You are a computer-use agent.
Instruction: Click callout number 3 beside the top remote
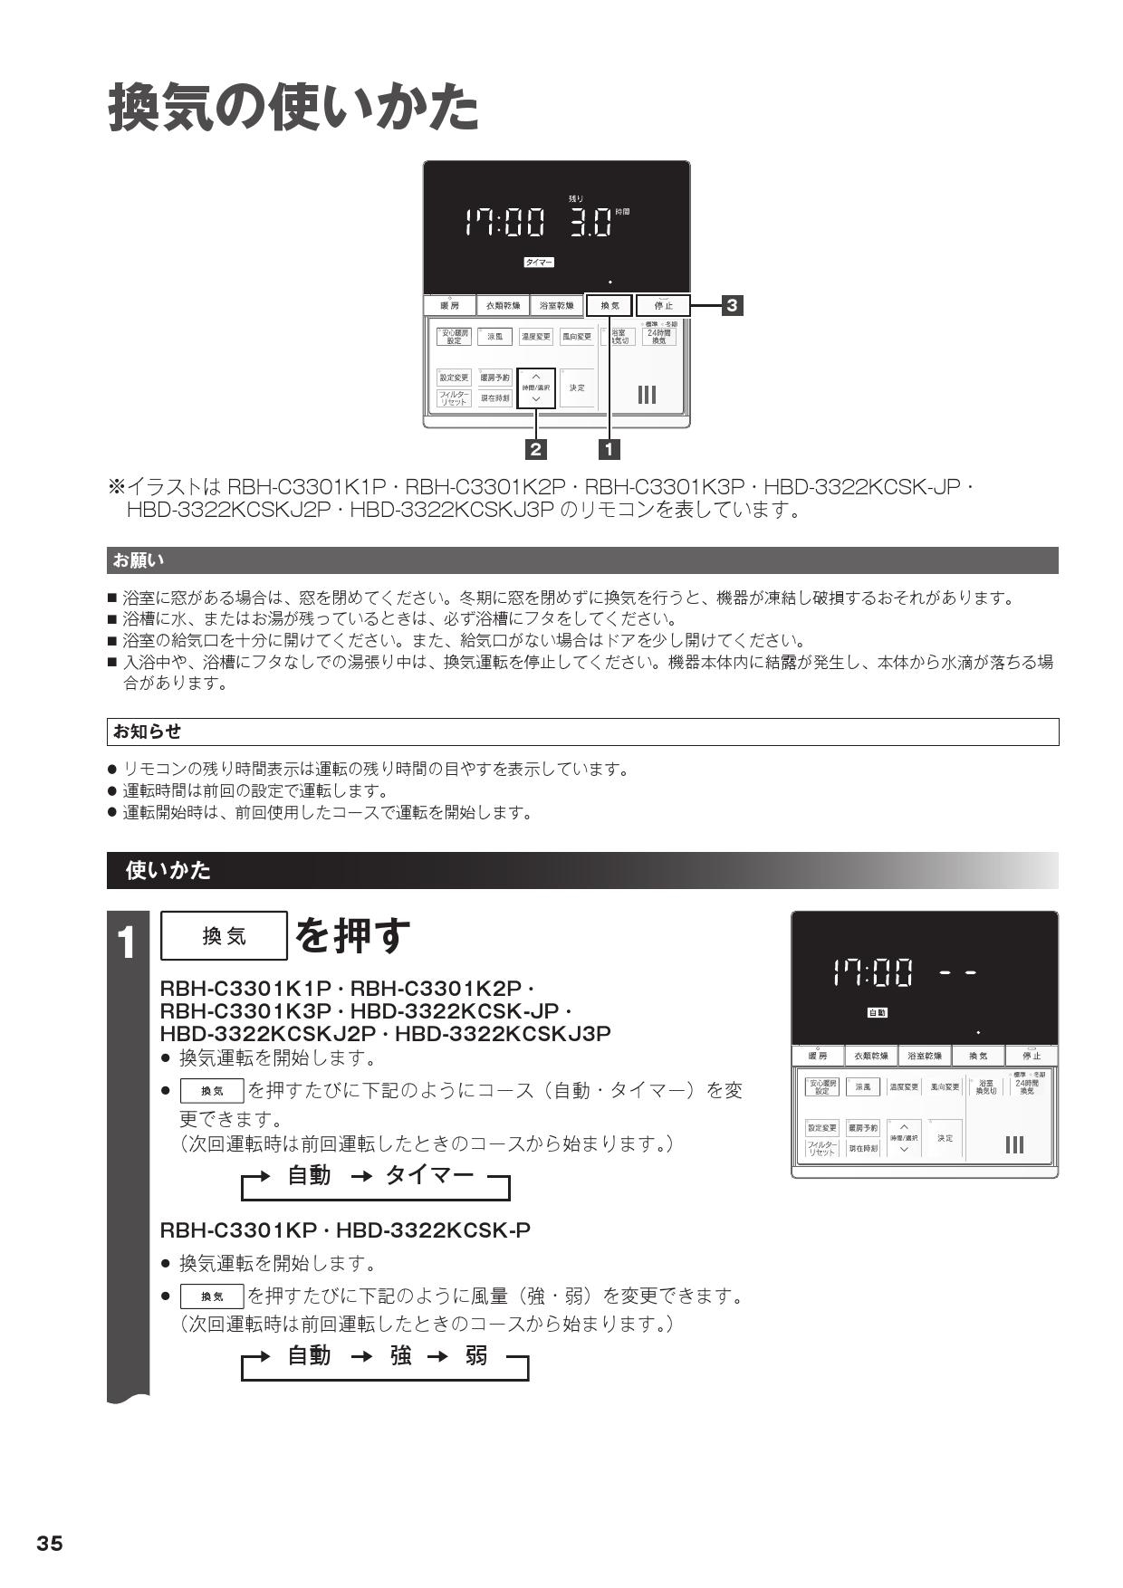click(x=732, y=305)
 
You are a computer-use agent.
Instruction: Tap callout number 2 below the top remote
click(x=536, y=448)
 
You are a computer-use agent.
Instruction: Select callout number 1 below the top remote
click(x=609, y=448)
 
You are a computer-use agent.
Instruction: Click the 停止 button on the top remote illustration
click(x=663, y=306)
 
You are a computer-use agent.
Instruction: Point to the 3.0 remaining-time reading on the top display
click(x=590, y=222)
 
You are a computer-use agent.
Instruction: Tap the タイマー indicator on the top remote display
click(x=539, y=263)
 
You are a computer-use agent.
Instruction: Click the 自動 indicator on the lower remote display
click(x=877, y=1012)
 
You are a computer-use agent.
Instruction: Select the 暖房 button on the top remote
click(x=449, y=306)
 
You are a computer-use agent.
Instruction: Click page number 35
click(x=50, y=1544)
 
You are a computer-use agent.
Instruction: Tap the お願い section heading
click(x=138, y=560)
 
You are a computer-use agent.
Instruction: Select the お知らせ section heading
click(x=147, y=732)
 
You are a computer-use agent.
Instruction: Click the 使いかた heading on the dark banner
click(x=168, y=870)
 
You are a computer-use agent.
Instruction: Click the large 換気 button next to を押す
click(x=224, y=935)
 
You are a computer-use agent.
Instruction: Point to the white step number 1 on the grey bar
click(x=128, y=943)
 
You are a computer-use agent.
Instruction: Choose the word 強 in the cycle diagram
click(x=401, y=1355)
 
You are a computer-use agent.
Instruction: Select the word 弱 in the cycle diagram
click(x=476, y=1355)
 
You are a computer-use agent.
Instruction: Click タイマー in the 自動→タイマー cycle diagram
click(x=429, y=1175)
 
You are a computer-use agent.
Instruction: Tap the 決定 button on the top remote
click(x=577, y=387)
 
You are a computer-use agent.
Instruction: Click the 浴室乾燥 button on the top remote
click(x=556, y=306)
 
